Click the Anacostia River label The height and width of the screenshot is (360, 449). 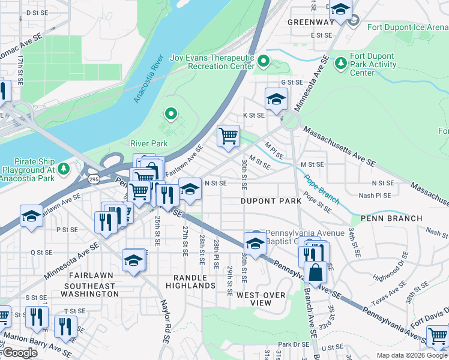point(149,79)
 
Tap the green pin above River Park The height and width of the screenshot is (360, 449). point(171,113)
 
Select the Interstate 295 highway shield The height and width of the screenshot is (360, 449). point(94,179)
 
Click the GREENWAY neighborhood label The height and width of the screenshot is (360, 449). point(310,22)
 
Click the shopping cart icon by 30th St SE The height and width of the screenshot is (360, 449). point(228,136)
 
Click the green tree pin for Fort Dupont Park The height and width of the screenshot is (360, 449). point(342,62)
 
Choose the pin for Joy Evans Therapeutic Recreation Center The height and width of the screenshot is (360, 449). point(263,61)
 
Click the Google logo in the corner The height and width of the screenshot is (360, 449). point(19,353)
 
